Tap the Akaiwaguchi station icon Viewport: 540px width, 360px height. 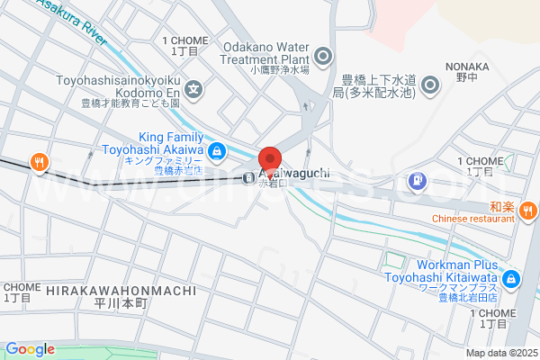247,176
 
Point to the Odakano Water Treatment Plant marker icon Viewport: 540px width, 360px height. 323,55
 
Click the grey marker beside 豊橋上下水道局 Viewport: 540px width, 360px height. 429,85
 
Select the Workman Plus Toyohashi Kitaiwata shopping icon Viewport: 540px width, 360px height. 510,279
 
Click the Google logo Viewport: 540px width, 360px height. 30,349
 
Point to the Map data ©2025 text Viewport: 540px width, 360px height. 500,352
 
